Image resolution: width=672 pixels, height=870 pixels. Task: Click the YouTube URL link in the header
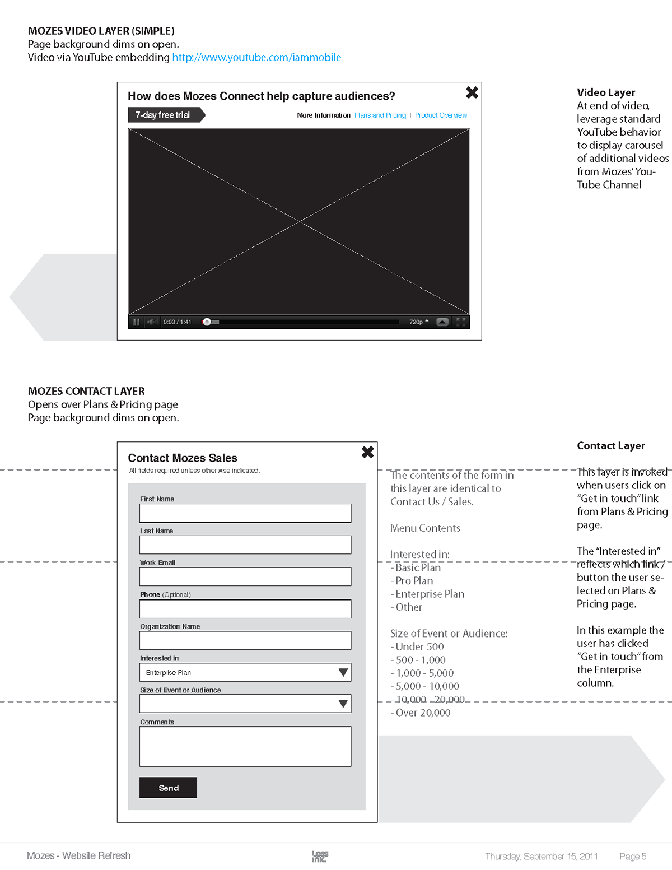tap(256, 57)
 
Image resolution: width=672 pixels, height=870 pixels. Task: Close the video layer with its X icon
tap(472, 92)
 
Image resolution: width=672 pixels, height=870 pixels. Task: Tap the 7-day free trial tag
tap(164, 115)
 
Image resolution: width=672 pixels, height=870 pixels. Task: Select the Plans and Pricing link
tap(380, 115)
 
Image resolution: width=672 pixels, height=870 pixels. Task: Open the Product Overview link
tap(441, 115)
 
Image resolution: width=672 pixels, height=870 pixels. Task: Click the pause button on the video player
tap(136, 322)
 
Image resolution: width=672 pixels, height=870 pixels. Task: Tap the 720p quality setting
tap(418, 322)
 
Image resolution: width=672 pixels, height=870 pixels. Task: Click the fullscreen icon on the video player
tap(461, 322)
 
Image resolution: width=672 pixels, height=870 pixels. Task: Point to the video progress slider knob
tap(207, 322)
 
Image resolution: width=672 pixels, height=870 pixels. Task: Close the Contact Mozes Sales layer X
tap(367, 452)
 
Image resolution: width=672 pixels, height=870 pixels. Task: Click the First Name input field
tap(245, 513)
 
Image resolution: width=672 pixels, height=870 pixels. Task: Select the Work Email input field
tap(245, 577)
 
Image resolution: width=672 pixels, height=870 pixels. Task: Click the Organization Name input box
tap(245, 641)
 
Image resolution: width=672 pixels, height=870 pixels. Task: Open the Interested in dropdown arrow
tap(343, 672)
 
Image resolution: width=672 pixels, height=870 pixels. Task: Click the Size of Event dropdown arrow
tap(343, 704)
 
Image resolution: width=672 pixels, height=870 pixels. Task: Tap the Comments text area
tap(245, 746)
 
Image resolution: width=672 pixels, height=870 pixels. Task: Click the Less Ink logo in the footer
tap(320, 856)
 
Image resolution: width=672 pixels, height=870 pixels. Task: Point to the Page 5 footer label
tap(633, 857)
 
